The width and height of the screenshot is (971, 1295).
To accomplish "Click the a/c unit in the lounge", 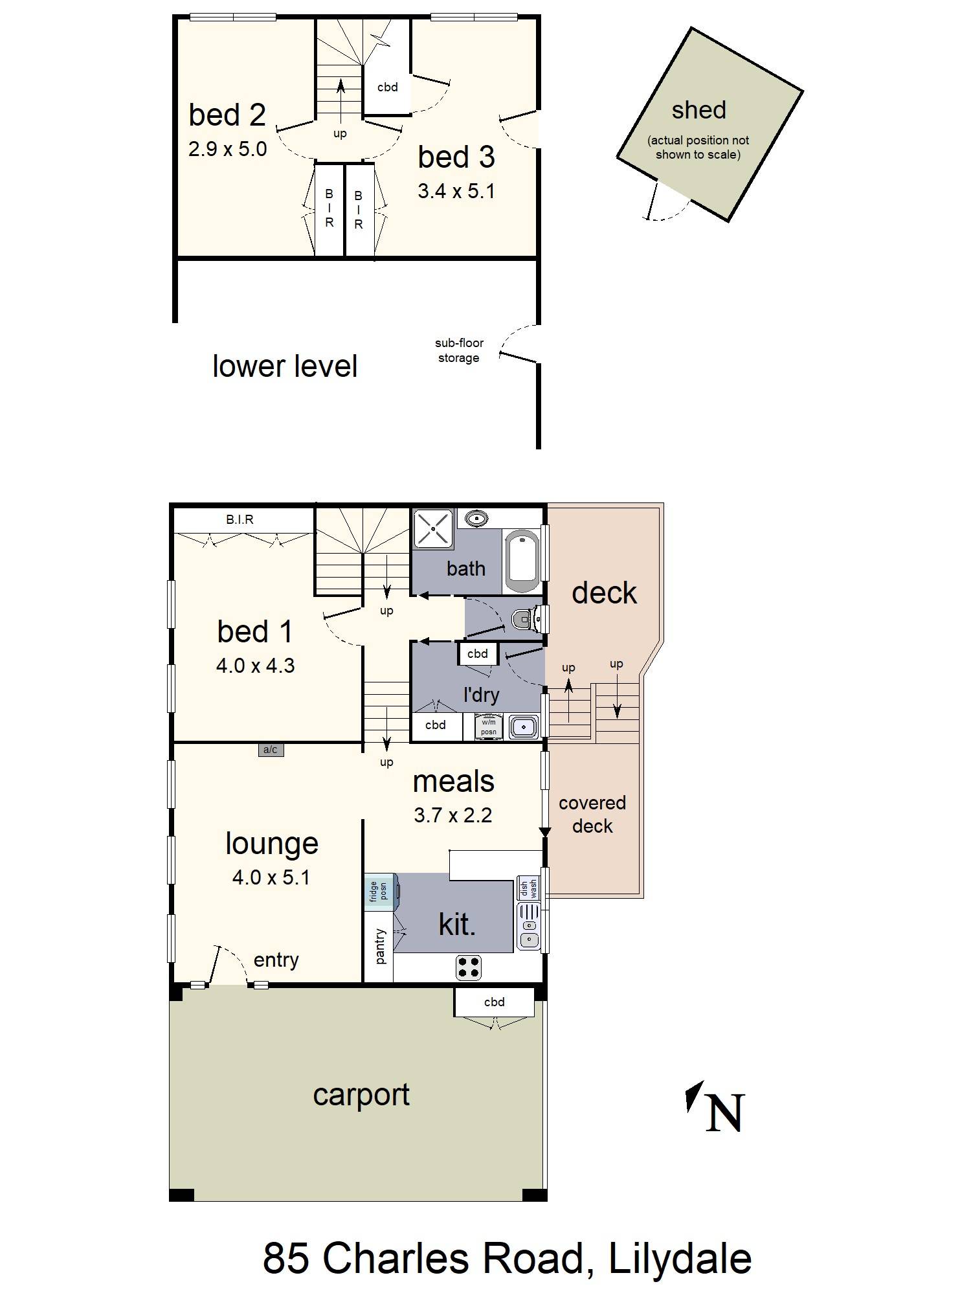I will (271, 750).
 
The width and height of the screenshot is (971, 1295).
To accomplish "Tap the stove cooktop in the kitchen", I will (469, 967).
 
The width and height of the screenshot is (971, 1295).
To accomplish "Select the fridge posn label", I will (379, 891).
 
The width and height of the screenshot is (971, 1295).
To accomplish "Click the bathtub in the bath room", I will (522, 561).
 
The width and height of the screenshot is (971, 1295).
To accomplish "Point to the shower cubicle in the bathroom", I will (433, 529).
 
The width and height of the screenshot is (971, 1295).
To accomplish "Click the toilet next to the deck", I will (526, 620).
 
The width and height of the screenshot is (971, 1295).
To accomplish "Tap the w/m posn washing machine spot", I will (488, 726).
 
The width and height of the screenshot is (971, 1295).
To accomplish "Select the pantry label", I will (379, 946).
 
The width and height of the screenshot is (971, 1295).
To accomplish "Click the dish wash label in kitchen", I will (529, 888).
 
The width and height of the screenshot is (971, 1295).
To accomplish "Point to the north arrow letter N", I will (724, 1114).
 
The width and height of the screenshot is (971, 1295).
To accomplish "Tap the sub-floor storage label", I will (458, 350).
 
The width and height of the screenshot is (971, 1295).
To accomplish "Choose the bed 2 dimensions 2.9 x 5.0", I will (227, 150).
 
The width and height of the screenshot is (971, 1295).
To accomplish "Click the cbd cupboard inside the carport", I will (494, 1002).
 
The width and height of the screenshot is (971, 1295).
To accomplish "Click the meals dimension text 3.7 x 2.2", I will (452, 815).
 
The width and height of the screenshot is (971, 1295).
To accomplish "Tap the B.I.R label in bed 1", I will (240, 519).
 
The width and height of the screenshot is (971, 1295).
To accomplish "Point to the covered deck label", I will (592, 815).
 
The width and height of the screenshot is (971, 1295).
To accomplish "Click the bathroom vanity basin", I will (477, 518).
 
